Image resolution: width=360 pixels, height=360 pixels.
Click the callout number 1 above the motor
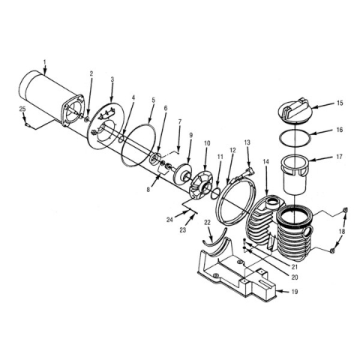click(45, 61)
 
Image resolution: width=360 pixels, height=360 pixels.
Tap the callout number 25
click(22, 109)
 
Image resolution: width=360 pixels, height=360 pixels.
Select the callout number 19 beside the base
click(295, 292)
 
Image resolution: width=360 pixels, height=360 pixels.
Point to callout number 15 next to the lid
click(340, 103)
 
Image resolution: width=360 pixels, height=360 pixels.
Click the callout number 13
click(247, 142)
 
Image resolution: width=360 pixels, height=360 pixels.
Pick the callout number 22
click(208, 223)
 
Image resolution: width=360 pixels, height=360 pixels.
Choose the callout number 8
click(148, 190)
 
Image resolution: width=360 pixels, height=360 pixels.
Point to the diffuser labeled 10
click(202, 184)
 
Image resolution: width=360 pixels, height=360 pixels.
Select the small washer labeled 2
click(87, 119)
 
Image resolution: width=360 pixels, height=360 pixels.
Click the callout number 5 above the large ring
click(153, 100)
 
